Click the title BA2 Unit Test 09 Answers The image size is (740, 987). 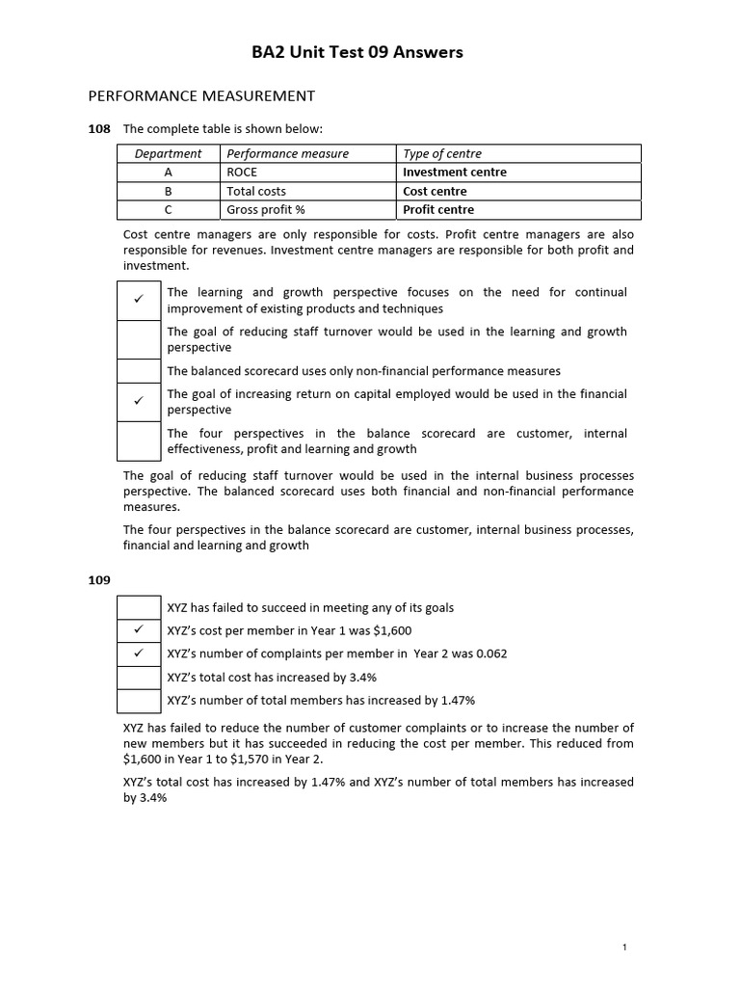(x=370, y=52)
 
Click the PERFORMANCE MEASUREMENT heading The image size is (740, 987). (x=201, y=95)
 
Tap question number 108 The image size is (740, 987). (x=99, y=128)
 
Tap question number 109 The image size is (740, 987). (x=99, y=580)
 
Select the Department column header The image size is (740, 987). (x=168, y=153)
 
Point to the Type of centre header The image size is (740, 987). (x=442, y=153)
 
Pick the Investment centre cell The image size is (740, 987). (x=455, y=173)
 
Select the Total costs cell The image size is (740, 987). (x=256, y=191)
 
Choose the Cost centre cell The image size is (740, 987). (x=435, y=191)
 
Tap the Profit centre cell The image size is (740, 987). (x=438, y=209)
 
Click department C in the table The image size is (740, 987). (x=168, y=209)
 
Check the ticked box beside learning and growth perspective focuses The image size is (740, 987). (x=139, y=300)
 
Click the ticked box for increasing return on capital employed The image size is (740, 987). (x=139, y=401)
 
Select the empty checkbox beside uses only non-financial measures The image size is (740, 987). (x=139, y=370)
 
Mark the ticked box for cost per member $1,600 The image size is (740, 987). (x=139, y=630)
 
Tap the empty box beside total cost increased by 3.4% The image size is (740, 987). (x=139, y=677)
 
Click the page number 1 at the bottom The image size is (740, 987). (x=624, y=947)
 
